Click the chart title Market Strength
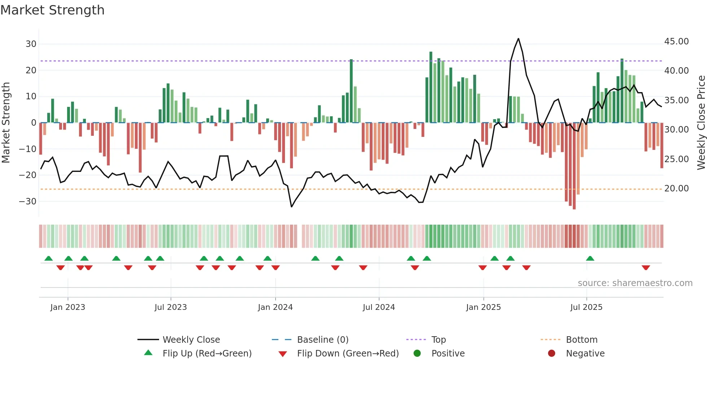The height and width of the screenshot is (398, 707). click(x=52, y=10)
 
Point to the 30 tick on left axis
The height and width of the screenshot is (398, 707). click(x=31, y=44)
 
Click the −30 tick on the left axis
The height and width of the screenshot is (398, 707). click(x=28, y=202)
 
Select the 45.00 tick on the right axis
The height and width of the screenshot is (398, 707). click(x=676, y=42)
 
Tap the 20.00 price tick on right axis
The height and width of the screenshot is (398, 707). click(x=676, y=189)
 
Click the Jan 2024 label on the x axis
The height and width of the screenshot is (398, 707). click(x=275, y=307)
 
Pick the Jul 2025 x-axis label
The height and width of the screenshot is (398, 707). click(x=586, y=307)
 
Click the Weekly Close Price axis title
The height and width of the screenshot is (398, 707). click(x=701, y=123)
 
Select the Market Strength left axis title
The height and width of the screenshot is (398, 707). click(x=6, y=123)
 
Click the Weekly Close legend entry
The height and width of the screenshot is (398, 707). click(x=191, y=340)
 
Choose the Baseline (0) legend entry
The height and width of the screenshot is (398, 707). click(x=322, y=340)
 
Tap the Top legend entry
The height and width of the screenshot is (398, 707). click(x=438, y=340)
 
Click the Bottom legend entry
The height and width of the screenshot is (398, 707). click(x=581, y=340)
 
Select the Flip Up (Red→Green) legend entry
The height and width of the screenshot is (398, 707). click(x=207, y=354)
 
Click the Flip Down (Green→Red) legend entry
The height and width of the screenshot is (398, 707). click(x=348, y=354)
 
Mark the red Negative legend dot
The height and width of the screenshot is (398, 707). click(x=552, y=354)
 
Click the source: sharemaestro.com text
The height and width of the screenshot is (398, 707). click(x=635, y=283)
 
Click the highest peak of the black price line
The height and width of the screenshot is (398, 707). click(x=518, y=39)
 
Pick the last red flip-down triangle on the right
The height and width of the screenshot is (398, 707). click(x=646, y=268)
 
